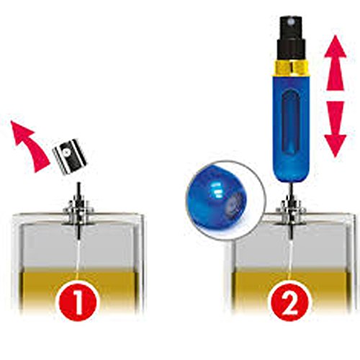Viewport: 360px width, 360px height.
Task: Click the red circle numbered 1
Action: coord(77,301)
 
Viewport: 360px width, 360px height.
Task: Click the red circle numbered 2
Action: coord(289,301)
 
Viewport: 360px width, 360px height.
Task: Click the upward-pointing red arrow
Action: coord(335,63)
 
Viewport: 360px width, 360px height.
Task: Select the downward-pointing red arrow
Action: coord(335,129)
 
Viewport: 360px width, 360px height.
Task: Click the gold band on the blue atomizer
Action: coord(292,68)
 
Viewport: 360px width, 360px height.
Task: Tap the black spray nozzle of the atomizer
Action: coord(292,39)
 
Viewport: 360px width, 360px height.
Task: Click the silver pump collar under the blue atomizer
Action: coord(291,211)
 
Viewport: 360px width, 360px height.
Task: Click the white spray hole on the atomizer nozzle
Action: coord(291,22)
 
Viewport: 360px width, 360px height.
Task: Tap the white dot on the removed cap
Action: coord(68,153)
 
